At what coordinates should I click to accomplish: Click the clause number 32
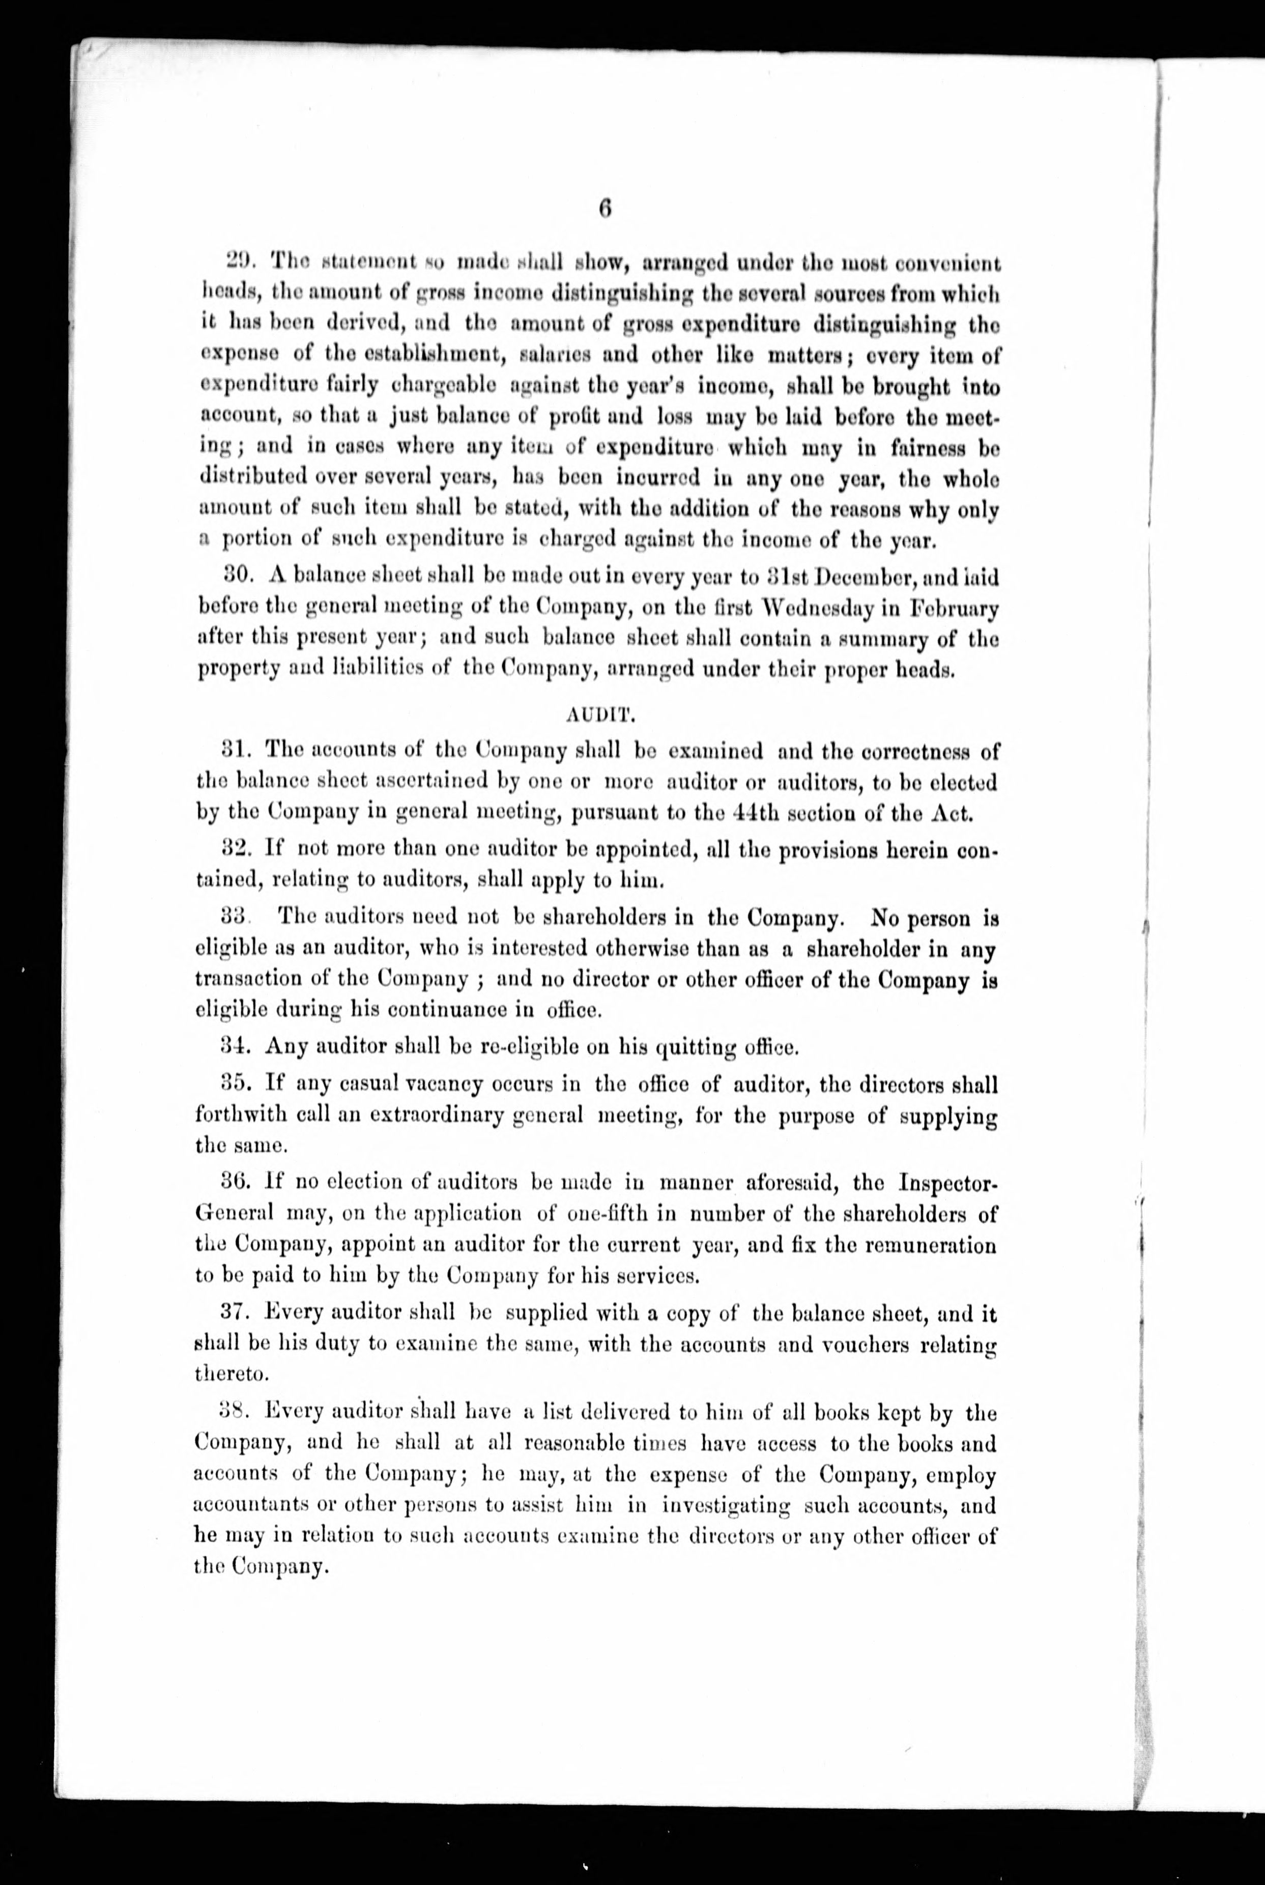coord(237,849)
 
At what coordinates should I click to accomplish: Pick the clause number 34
coord(236,1047)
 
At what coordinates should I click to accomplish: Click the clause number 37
coord(236,1313)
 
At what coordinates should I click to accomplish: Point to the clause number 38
coord(236,1412)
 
